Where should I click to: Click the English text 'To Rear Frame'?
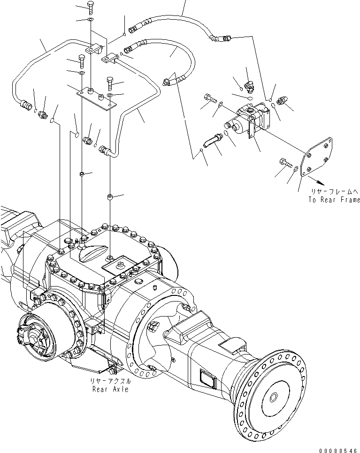[x=334, y=200]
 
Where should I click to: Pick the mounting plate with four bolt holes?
[x=317, y=157]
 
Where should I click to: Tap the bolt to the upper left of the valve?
[x=210, y=98]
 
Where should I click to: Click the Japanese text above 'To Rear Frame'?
[x=334, y=191]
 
